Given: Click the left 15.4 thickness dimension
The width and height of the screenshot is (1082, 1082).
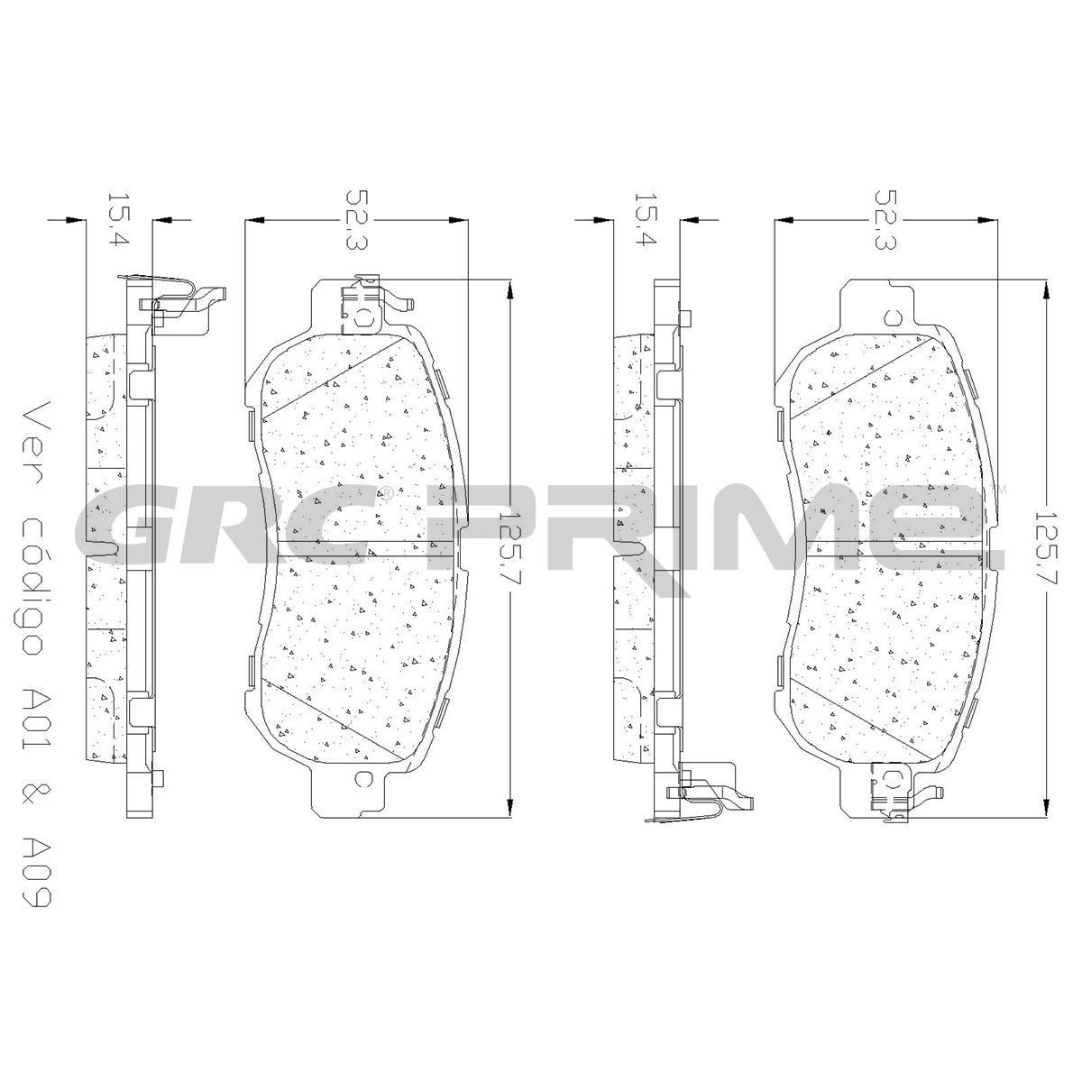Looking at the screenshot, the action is click(x=118, y=220).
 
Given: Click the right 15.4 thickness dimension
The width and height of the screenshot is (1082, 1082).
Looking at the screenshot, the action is click(x=646, y=220).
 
